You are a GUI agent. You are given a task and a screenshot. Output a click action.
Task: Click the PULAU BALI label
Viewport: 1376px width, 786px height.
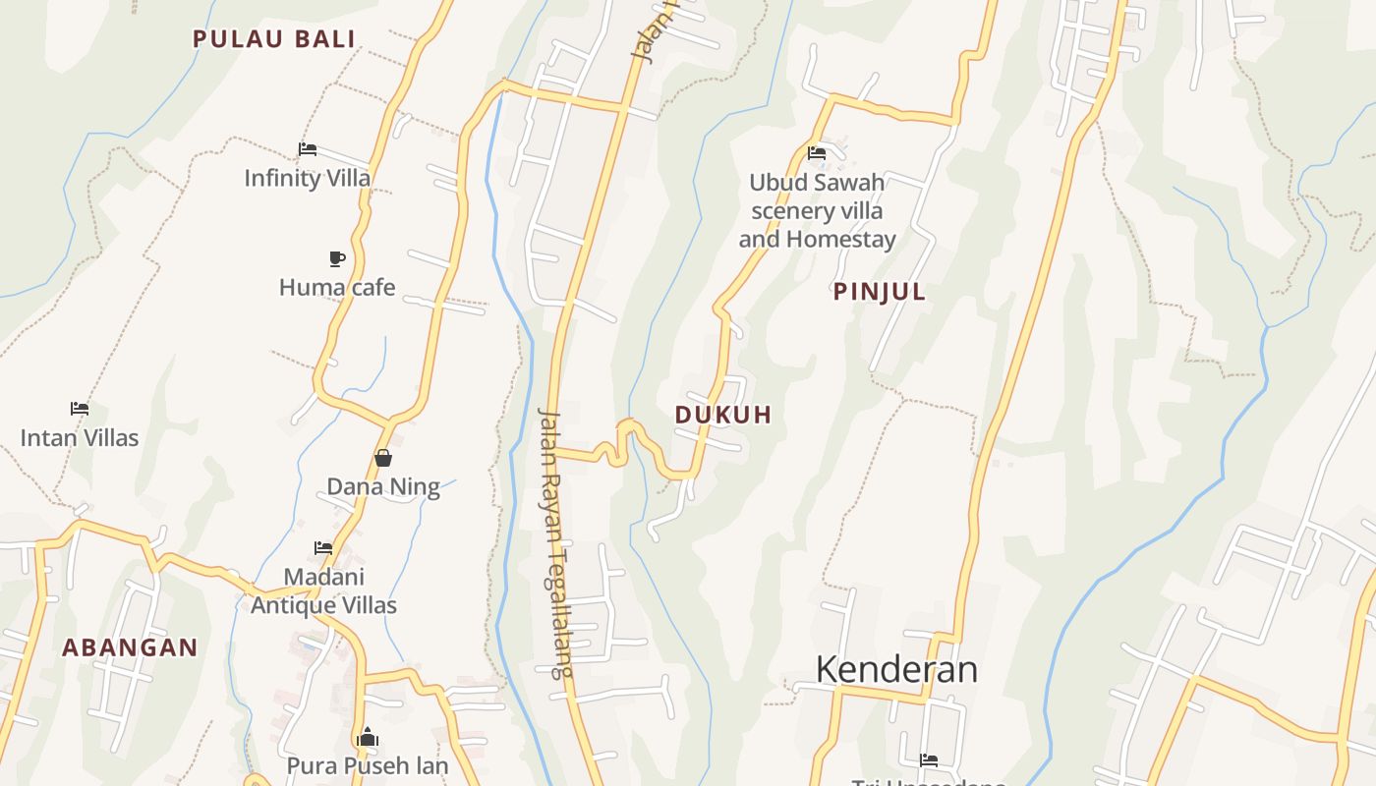(273, 39)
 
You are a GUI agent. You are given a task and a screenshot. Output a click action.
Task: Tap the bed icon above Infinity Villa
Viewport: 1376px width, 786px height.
(308, 150)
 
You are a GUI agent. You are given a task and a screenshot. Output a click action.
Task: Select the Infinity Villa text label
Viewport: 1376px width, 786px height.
(308, 178)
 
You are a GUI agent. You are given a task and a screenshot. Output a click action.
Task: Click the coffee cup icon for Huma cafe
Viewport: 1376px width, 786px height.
(337, 259)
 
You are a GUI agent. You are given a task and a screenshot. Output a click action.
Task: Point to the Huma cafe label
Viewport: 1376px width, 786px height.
(337, 288)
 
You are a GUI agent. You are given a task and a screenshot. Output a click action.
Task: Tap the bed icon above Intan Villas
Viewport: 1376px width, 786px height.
(80, 409)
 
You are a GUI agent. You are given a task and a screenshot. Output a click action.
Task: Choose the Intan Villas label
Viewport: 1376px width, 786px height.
(80, 437)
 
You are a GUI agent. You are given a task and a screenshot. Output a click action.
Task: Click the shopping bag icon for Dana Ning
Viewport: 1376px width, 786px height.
(383, 458)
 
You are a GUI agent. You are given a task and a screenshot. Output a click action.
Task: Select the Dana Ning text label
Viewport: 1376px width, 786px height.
(383, 486)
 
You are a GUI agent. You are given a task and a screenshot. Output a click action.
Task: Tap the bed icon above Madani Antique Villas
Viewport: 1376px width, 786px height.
(323, 548)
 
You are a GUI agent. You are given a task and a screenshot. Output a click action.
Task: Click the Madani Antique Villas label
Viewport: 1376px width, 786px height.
(323, 590)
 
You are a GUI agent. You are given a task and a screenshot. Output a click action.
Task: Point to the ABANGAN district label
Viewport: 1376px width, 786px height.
(130, 647)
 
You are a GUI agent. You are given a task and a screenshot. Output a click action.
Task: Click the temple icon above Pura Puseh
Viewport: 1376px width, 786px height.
(368, 737)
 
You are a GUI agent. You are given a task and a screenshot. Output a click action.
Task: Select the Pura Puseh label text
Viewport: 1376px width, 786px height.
(368, 765)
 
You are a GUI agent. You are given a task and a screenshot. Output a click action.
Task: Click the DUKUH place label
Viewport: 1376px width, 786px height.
(723, 415)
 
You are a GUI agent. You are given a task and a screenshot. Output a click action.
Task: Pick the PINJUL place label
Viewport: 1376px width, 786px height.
(880, 292)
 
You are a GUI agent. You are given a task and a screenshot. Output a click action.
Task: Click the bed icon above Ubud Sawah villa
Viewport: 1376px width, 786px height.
(817, 153)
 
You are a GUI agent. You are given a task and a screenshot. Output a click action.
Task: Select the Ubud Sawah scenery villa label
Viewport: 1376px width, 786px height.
(817, 210)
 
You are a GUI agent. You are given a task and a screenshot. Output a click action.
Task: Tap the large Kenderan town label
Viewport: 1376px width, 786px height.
(896, 669)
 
